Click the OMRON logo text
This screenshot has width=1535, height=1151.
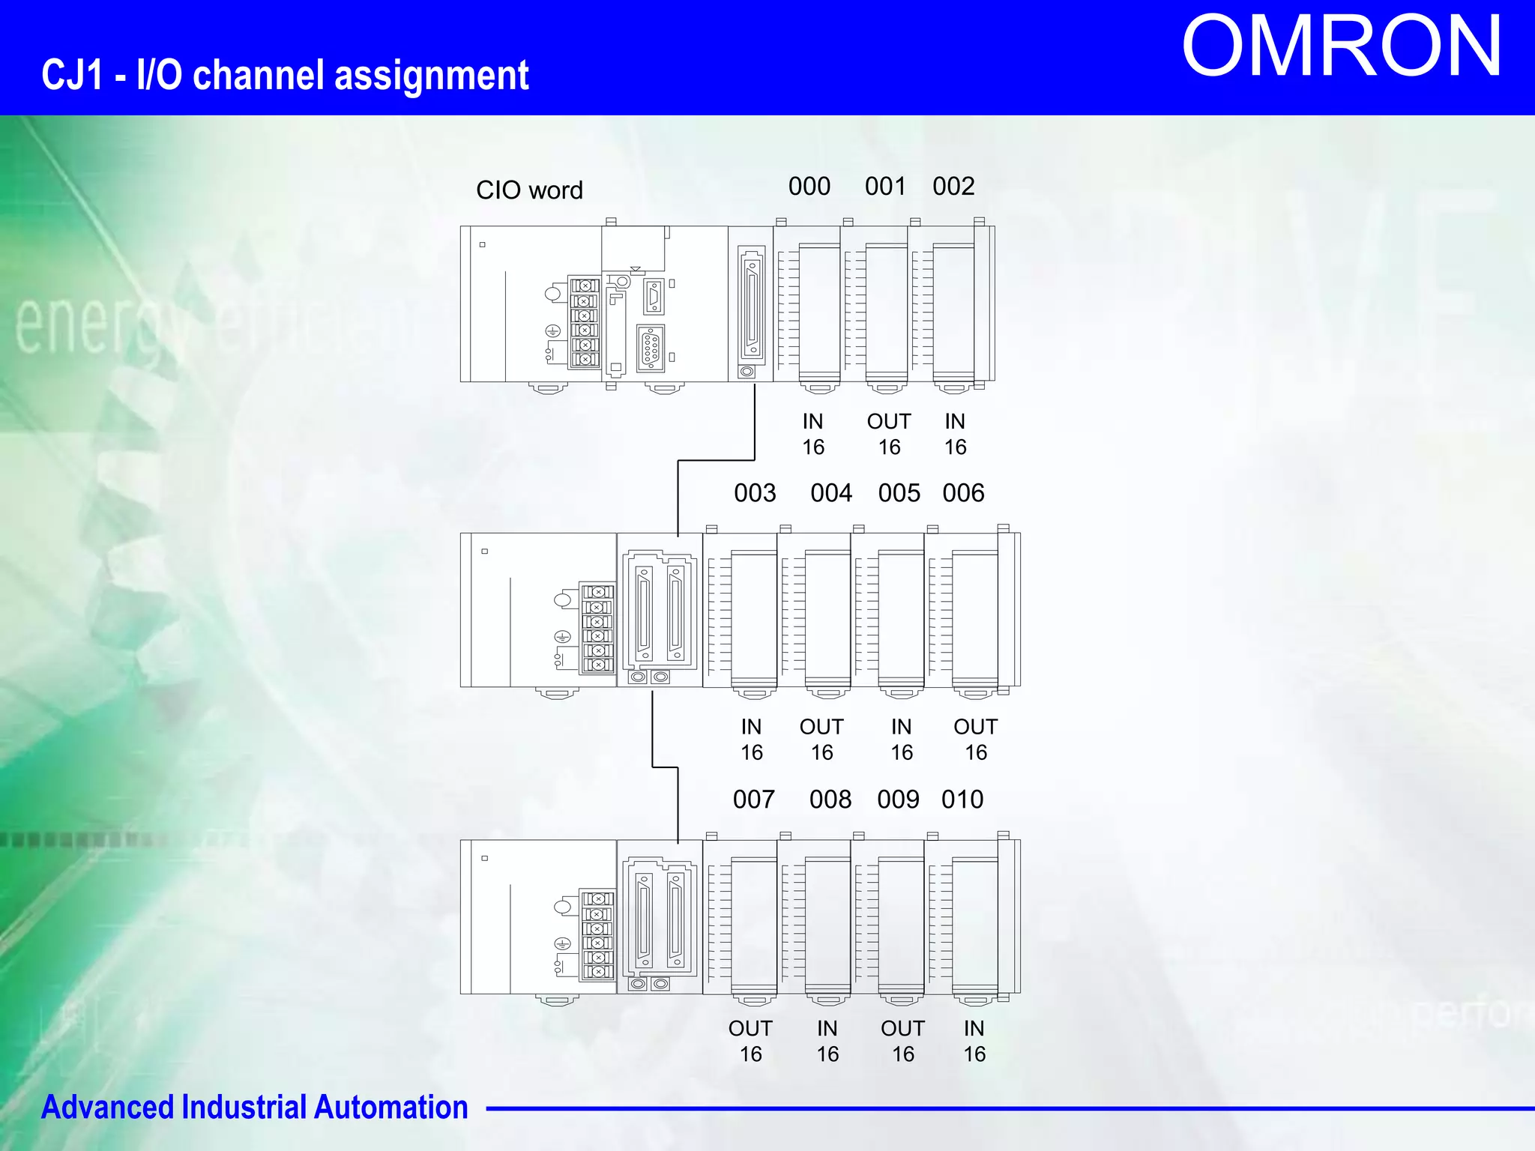1341,47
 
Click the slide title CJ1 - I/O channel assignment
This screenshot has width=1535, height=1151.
285,76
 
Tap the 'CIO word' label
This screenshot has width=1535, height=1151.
529,190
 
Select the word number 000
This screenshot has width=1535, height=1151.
809,187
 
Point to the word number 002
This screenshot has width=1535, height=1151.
953,187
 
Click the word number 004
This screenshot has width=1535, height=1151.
831,493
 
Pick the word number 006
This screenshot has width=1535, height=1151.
963,493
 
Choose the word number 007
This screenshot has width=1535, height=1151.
754,800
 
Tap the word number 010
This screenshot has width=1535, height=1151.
962,800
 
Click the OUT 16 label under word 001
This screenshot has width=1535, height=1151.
889,435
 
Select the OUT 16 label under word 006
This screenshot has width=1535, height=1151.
975,740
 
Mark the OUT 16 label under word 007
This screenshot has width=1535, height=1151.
750,1042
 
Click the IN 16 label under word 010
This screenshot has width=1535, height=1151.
974,1042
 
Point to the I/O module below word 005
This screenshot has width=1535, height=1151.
899,614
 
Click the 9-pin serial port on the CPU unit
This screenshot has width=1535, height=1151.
651,348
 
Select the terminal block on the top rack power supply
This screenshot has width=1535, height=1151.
585,322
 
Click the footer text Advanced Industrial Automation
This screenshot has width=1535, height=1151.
255,1108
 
